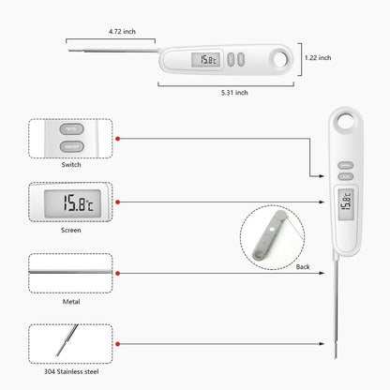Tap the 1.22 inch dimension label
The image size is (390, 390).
point(318,57)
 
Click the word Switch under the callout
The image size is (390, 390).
point(70,164)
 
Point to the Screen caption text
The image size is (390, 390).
point(70,228)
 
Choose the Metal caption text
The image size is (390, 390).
point(70,301)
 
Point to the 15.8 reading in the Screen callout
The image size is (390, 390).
point(70,202)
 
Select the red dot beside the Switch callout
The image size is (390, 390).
point(117,138)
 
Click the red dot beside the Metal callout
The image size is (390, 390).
point(117,273)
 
